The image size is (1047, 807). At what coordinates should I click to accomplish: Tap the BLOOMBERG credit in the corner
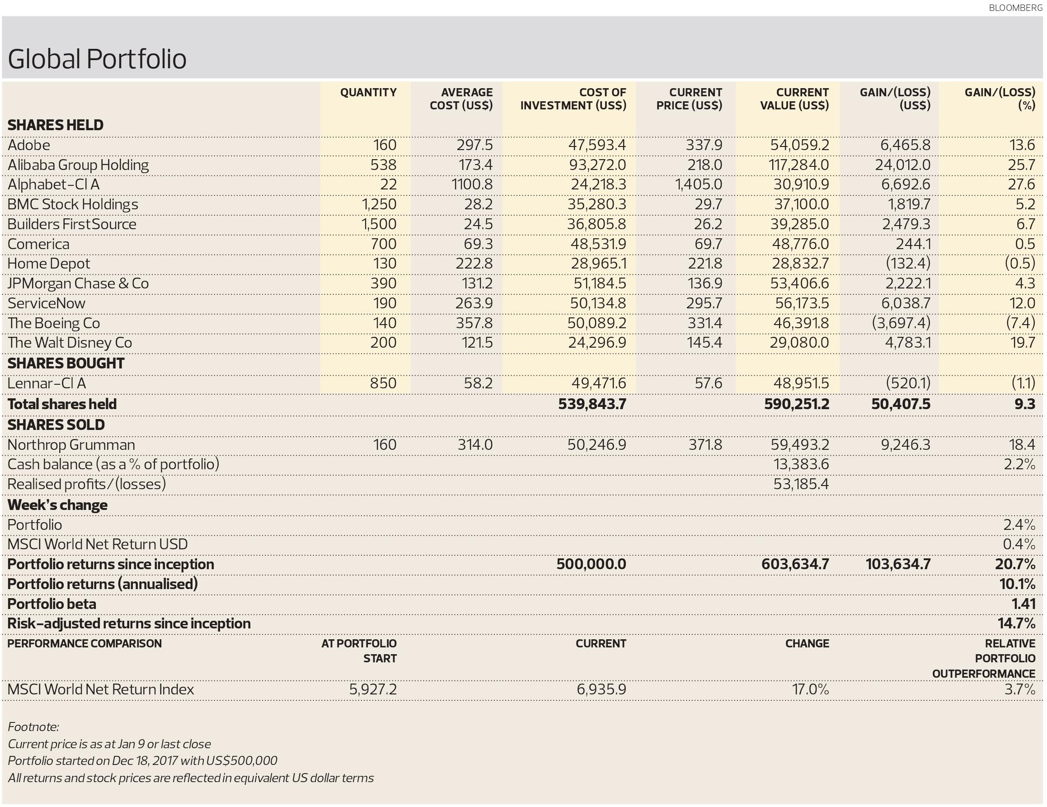pos(1015,8)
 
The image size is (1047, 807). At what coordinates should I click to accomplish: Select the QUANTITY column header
pos(368,92)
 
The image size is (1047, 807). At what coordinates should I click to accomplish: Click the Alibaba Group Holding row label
pos(78,165)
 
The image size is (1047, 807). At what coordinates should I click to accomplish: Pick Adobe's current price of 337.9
pos(704,145)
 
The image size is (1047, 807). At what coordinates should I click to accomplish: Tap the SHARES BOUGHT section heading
pos(66,363)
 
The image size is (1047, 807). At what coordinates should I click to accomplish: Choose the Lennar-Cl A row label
pos(47,383)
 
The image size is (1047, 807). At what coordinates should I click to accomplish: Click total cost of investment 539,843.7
pos(592,404)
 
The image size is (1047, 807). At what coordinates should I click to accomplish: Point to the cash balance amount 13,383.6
pos(801,464)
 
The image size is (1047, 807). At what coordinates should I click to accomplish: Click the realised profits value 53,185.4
pos(801,484)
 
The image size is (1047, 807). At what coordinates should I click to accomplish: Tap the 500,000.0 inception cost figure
pos(592,564)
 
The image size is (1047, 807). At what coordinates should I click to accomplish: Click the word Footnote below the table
pos(33,727)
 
